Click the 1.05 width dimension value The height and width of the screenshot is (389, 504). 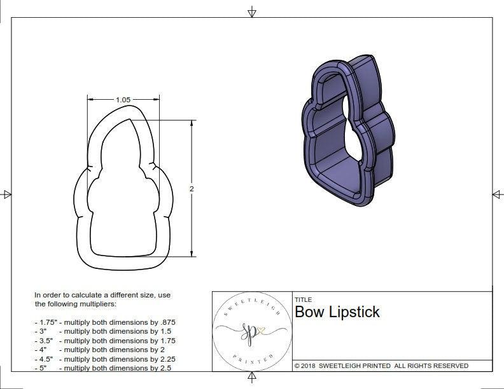pyautogui.click(x=123, y=100)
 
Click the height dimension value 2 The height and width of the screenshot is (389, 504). pyautogui.click(x=192, y=189)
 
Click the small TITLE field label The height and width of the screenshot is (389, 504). pyautogui.click(x=302, y=299)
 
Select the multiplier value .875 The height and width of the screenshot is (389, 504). pyautogui.click(x=166, y=322)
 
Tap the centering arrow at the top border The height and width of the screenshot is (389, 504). pyautogui.click(x=252, y=12)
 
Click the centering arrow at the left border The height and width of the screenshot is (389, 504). pyautogui.click(x=6, y=194)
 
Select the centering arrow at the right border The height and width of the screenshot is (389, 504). pyautogui.click(x=497, y=194)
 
